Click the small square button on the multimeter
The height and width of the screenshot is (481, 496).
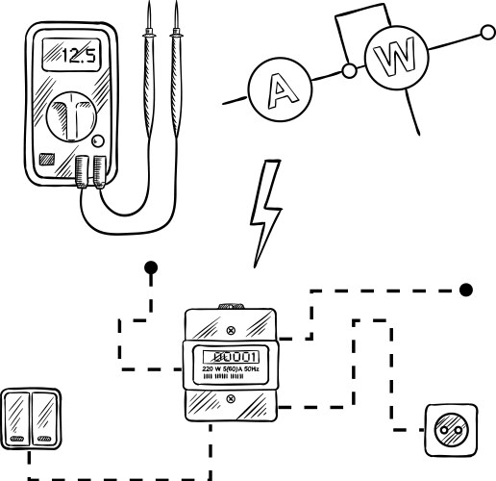point(45,160)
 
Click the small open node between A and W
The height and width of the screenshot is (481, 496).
point(351,70)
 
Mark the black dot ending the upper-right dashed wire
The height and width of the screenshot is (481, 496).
point(467,289)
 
